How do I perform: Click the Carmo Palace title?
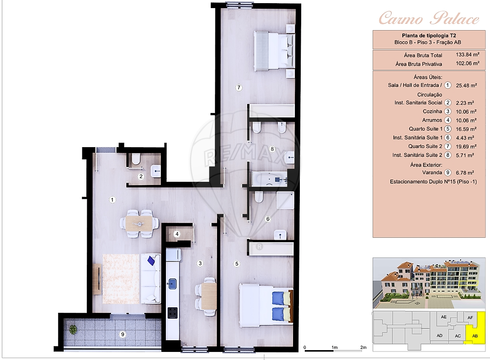[x=429, y=18]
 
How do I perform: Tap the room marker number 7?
[x=239, y=88]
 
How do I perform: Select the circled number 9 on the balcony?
[x=122, y=334]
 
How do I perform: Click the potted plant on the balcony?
[x=73, y=329]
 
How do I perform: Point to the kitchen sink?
[x=172, y=283]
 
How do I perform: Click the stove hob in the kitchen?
[x=173, y=312]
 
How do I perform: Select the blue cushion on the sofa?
[x=151, y=260]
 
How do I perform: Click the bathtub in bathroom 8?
[x=269, y=179]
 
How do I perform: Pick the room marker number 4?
[x=177, y=234]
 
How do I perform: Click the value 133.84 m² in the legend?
[x=468, y=55]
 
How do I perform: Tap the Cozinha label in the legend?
[x=432, y=111]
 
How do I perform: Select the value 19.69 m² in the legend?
[x=466, y=146]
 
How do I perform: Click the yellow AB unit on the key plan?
[x=475, y=334]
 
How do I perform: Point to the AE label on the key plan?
[x=443, y=317]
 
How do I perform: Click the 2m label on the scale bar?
[x=363, y=347]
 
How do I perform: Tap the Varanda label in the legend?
[x=432, y=172]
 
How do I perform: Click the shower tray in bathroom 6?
[x=285, y=201]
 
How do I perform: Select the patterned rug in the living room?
[x=121, y=279]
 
